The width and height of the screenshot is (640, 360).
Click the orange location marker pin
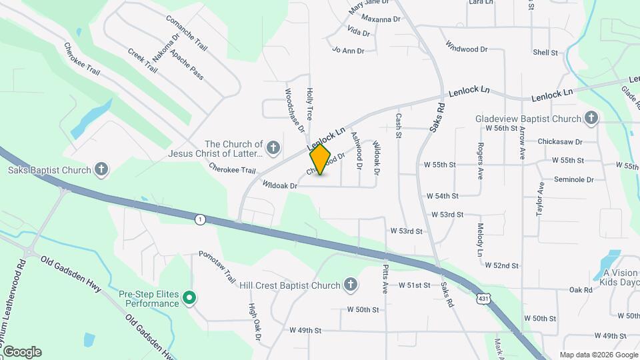320,159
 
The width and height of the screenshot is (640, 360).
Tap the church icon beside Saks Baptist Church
101,169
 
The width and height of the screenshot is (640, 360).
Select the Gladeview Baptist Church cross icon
591,119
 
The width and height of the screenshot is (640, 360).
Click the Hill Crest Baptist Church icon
351,285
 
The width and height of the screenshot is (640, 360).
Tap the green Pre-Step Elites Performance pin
189,298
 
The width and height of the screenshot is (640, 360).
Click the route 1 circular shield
199,219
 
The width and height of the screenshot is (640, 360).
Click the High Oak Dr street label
254,322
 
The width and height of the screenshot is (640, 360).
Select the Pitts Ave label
385,279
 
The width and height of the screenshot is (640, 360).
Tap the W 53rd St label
447,215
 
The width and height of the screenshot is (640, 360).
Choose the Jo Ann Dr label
348,50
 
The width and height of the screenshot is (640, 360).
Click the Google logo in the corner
22,352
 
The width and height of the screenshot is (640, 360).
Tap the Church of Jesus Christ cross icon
272,147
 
